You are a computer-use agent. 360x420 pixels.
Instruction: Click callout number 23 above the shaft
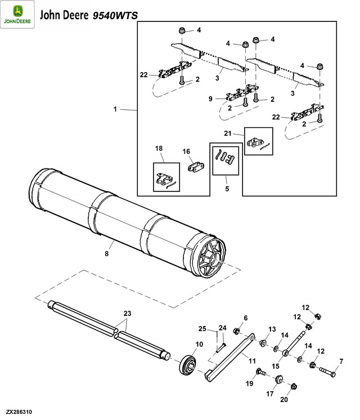(x=127, y=313)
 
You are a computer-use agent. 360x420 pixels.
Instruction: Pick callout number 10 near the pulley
(x=199, y=344)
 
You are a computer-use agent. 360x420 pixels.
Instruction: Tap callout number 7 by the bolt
(x=340, y=360)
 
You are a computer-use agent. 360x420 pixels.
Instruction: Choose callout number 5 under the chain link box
(x=227, y=189)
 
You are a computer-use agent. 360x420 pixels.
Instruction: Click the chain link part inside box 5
(x=227, y=156)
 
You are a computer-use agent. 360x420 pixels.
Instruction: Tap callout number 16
(x=186, y=151)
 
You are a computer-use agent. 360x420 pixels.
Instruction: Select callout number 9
(x=210, y=99)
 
